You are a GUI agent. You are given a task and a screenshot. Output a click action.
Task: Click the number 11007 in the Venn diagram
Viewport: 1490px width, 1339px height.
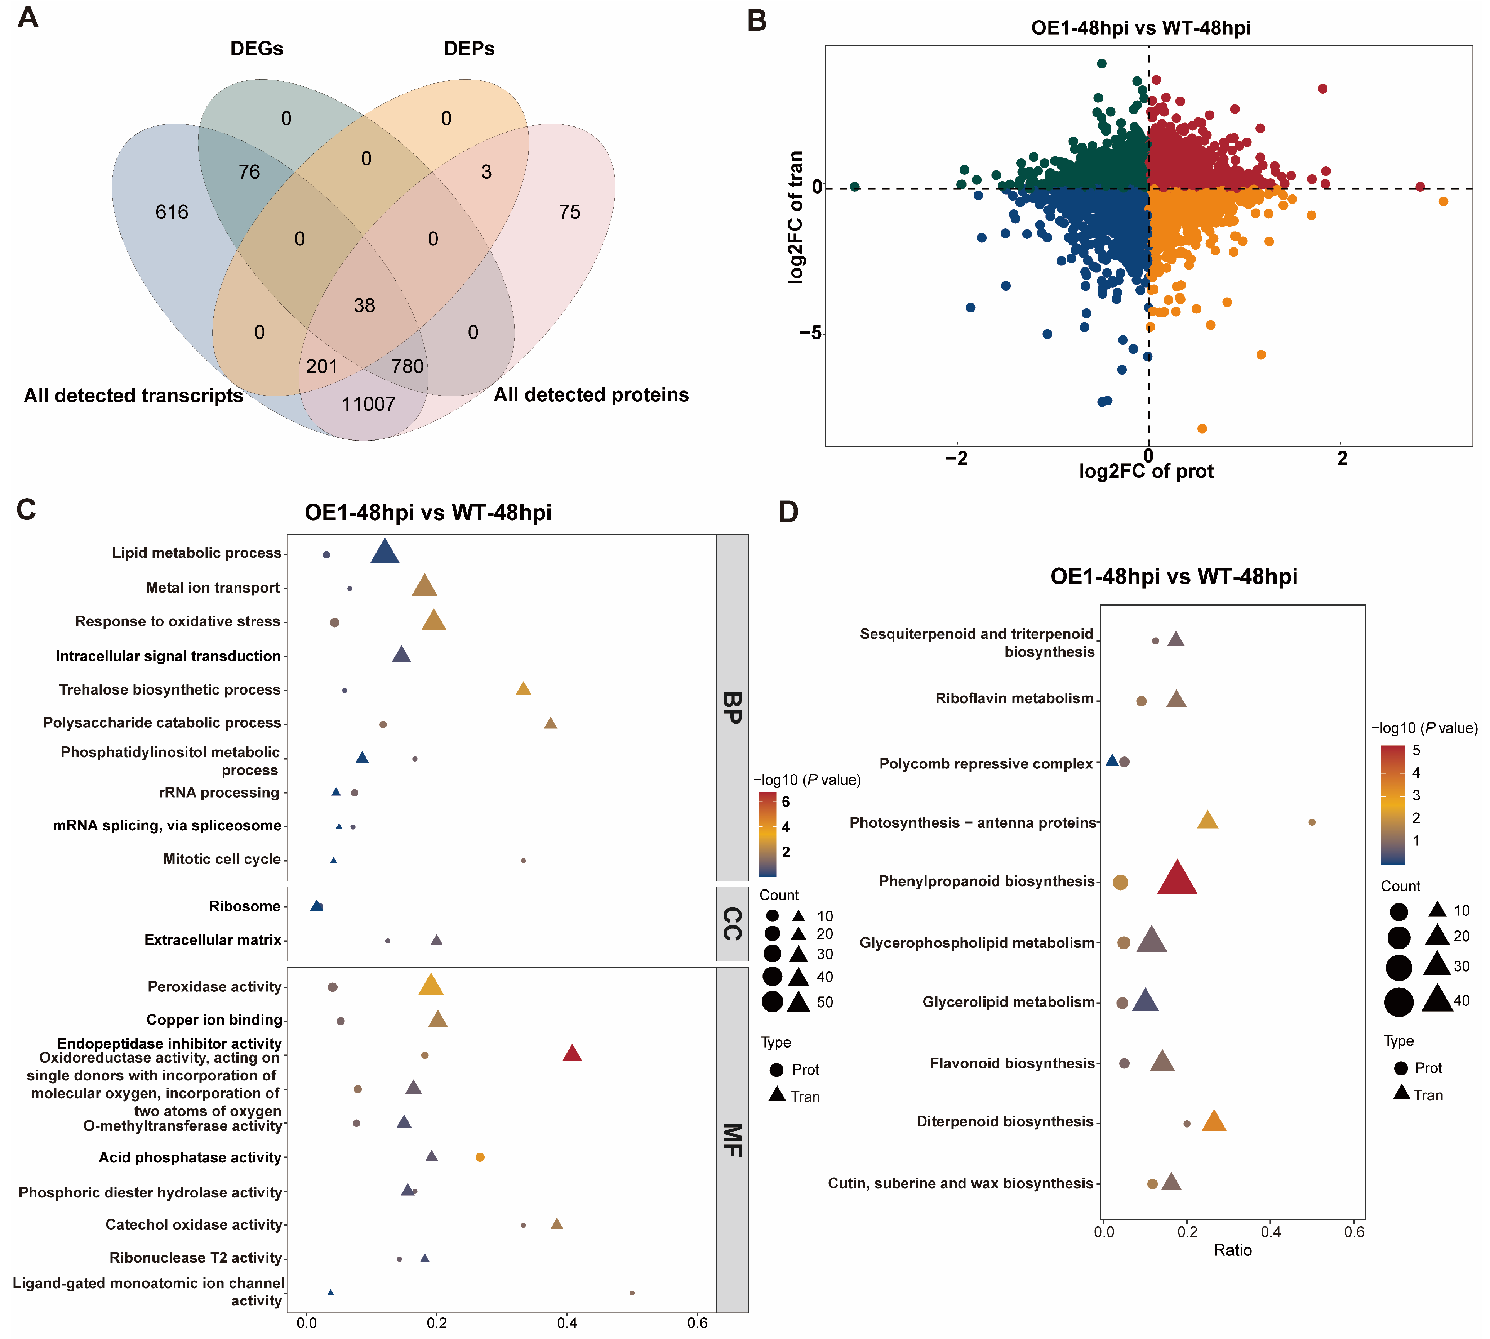click(x=369, y=404)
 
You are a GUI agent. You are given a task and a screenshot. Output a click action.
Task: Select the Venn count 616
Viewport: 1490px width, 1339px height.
click(x=172, y=212)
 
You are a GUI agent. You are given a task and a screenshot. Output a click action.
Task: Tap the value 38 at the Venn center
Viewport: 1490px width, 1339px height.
click(x=364, y=305)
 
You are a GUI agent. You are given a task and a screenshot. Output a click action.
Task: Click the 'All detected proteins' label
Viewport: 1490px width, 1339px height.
click(x=591, y=395)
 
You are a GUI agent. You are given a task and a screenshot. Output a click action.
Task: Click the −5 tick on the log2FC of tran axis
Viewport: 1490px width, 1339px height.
click(x=811, y=333)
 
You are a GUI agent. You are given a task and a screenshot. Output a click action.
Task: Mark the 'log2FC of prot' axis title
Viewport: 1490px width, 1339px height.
click(x=1146, y=471)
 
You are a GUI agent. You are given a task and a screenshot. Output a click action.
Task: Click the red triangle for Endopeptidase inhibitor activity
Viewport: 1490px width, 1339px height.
click(x=572, y=1054)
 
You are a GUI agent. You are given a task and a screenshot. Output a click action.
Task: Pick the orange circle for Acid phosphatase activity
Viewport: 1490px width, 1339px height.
click(x=480, y=1157)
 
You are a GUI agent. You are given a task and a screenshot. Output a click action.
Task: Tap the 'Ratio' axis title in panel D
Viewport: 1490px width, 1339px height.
click(x=1232, y=1250)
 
